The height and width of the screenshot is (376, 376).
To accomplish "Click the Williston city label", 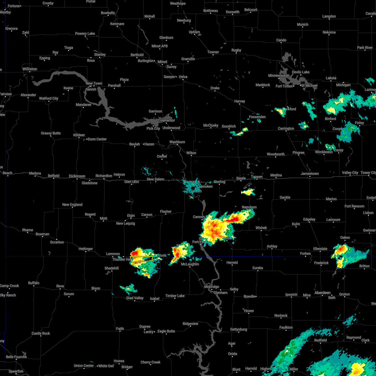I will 29,69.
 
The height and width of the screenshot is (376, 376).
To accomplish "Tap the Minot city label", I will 162,62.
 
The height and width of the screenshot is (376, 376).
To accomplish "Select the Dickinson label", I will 77,176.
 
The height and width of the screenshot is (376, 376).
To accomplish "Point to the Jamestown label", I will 310,174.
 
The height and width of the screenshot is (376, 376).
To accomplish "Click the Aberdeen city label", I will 322,293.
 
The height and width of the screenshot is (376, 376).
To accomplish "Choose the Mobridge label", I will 211,287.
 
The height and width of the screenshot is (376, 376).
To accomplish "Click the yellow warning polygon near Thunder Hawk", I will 142,259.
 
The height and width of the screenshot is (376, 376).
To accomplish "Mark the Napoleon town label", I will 249,207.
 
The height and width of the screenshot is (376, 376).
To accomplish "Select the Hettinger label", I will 86,249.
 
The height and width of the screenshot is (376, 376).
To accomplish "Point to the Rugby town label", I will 236,50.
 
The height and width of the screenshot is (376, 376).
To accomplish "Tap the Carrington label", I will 286,128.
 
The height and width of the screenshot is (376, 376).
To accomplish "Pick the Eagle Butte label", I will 166,331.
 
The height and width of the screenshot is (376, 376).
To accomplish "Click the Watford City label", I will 49,98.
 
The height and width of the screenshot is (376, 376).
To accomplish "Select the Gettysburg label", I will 238,329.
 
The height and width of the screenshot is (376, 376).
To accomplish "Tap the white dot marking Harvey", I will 240,105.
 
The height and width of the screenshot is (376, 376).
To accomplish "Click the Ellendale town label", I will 320,249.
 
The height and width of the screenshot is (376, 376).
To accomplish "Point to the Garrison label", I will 155,111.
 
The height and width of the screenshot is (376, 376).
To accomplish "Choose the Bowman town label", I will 42,234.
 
